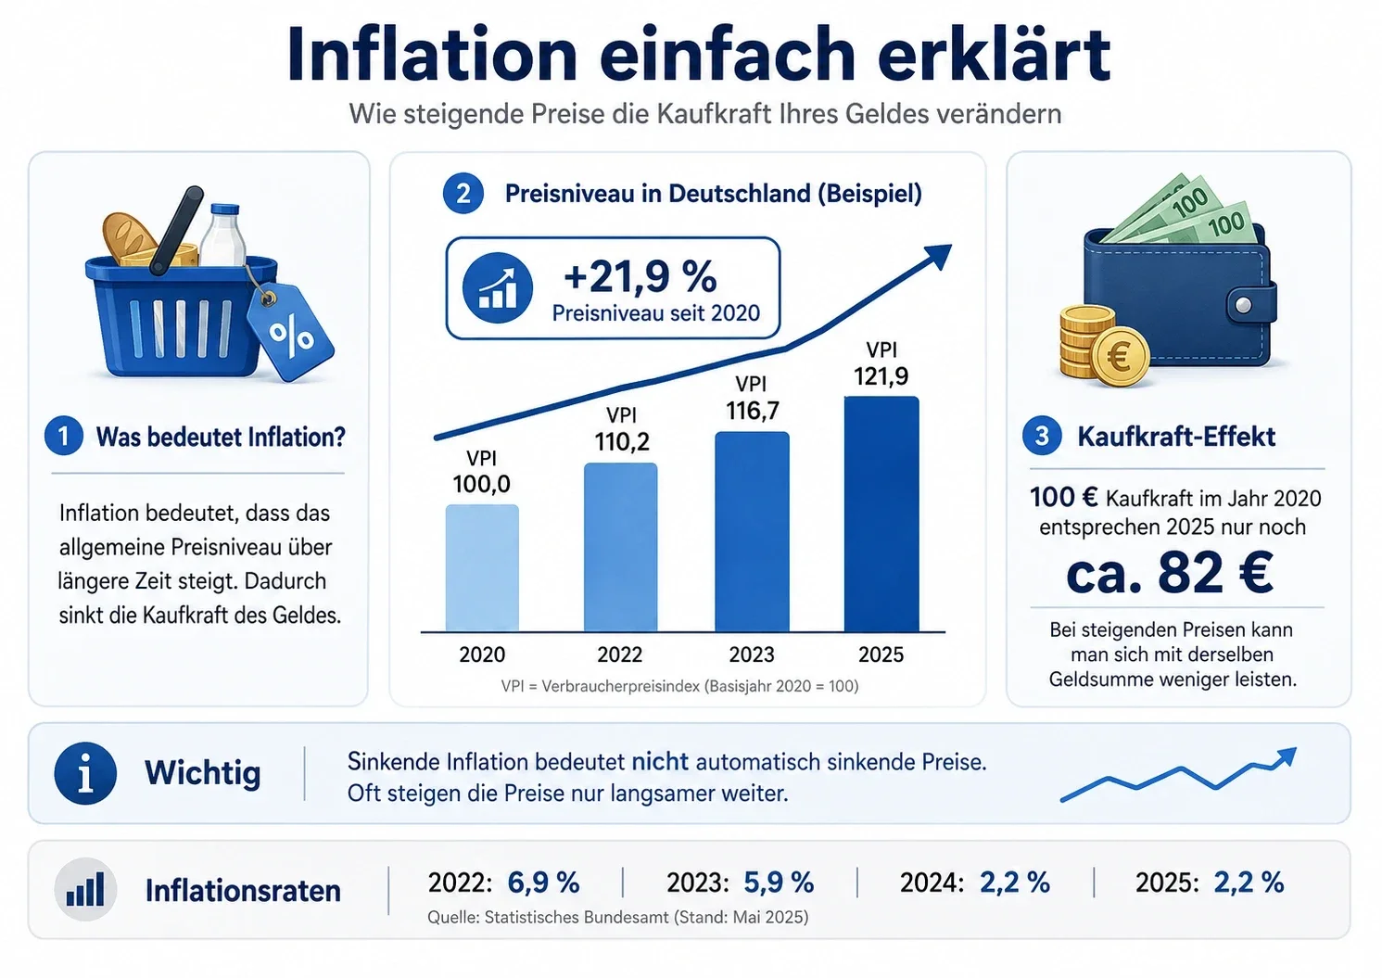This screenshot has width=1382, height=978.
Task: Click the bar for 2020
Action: tap(482, 567)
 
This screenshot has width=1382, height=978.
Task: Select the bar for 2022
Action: tap(620, 547)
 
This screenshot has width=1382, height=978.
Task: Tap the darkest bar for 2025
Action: tap(881, 514)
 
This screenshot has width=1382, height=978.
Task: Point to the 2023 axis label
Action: tap(751, 654)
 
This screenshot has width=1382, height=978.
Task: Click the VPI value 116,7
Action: tap(752, 411)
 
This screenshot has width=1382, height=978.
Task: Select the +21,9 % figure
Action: tap(640, 276)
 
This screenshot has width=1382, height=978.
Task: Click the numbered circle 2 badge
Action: tap(463, 194)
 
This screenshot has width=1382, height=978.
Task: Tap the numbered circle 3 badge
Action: tap(1042, 436)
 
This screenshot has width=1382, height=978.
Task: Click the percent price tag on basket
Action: tap(290, 332)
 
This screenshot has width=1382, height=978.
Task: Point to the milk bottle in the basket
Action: tap(222, 235)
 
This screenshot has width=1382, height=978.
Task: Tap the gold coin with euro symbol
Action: tap(1119, 357)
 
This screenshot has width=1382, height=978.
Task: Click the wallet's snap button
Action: tap(1244, 305)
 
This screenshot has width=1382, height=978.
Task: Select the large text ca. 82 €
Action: tap(1169, 573)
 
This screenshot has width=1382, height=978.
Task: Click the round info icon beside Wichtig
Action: tap(85, 773)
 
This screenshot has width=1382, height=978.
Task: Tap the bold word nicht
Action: tap(660, 762)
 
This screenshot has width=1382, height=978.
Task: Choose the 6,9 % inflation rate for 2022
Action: tap(543, 883)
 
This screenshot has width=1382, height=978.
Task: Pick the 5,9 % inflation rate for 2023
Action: tap(779, 883)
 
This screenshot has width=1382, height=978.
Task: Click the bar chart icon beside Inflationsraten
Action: tap(85, 889)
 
